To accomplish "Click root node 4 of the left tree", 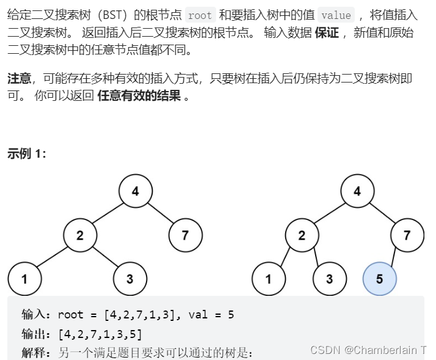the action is point(135,191).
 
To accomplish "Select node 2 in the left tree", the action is point(80,235).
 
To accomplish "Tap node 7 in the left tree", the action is point(185,235).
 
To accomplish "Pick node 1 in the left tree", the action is point(24,279).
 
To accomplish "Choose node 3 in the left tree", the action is point(129,279).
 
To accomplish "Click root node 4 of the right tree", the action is point(357,191).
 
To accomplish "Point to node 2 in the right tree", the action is point(302,235).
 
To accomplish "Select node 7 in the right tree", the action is point(407,235).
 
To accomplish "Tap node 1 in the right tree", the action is point(268,279).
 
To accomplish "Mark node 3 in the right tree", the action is point(329,279).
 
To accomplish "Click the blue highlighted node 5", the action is point(379,279).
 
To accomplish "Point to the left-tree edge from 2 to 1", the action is point(52,257).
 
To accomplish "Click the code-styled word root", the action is point(200,15).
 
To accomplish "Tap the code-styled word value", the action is point(336,15).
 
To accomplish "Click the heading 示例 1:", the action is point(27,154).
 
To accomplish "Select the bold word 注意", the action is point(19,78).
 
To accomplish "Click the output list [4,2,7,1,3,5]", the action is point(100,334).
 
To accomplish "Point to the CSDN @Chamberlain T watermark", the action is point(368,350).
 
